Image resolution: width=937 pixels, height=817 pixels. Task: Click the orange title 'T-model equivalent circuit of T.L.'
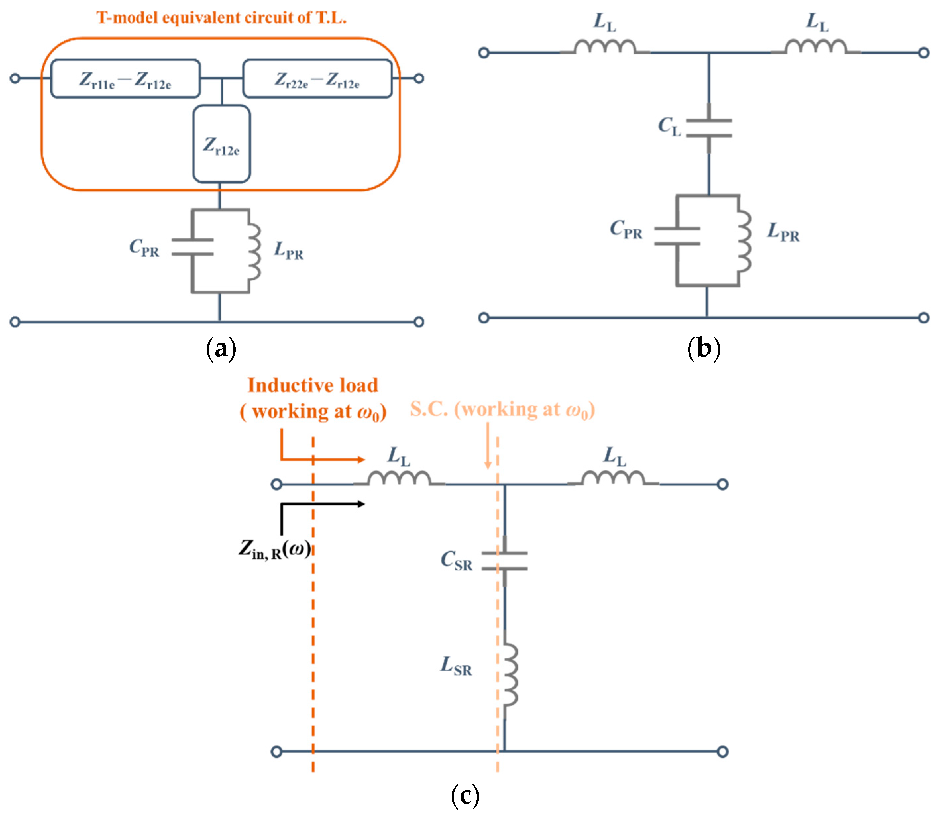(x=221, y=17)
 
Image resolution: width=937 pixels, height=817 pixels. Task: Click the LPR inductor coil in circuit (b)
(x=744, y=242)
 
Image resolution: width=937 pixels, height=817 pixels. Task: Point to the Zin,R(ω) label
(x=275, y=549)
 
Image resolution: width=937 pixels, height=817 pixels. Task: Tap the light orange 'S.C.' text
(x=429, y=409)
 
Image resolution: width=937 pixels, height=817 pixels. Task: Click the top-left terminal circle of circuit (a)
(x=15, y=78)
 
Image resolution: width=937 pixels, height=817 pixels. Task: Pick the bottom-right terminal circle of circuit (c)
(x=723, y=752)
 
